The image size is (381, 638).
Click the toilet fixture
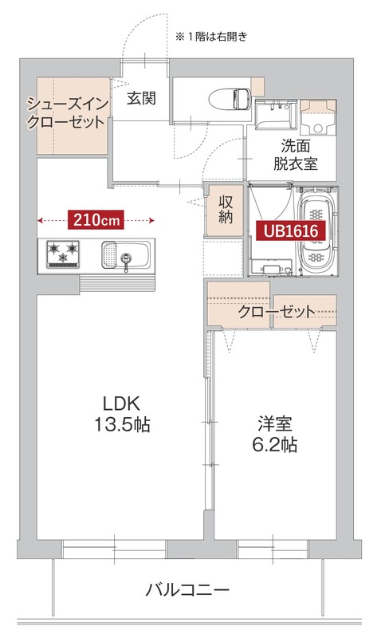(x=230, y=97)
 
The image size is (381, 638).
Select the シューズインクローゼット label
(x=66, y=113)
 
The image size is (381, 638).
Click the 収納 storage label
(x=225, y=209)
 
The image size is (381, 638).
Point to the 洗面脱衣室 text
(x=296, y=155)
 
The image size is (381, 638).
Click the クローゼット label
(x=276, y=312)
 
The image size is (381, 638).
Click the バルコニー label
(x=188, y=591)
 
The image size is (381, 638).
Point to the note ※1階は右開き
(x=211, y=36)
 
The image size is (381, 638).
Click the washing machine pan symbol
(x=319, y=119)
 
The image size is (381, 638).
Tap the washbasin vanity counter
(x=276, y=118)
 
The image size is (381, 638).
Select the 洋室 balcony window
(x=273, y=549)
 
